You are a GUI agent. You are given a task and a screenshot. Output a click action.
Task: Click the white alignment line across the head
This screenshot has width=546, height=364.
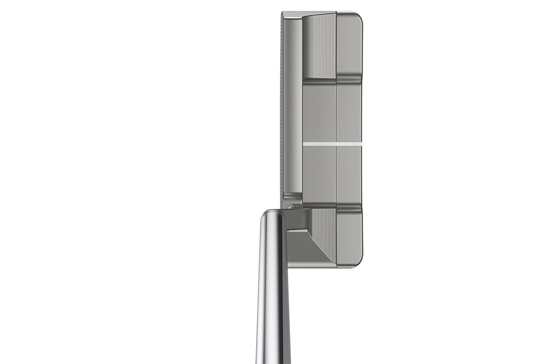[332, 144]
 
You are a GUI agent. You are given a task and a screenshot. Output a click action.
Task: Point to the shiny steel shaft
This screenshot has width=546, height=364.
[272, 296]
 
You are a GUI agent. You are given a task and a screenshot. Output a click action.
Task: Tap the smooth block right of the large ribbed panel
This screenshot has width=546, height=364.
[349, 45]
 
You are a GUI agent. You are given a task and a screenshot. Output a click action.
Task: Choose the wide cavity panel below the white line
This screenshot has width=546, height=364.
[319, 175]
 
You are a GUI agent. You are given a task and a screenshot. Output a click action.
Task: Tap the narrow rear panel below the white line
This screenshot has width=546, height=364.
[349, 175]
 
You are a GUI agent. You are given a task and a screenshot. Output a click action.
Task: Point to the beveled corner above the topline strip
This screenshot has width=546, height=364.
[291, 15]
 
